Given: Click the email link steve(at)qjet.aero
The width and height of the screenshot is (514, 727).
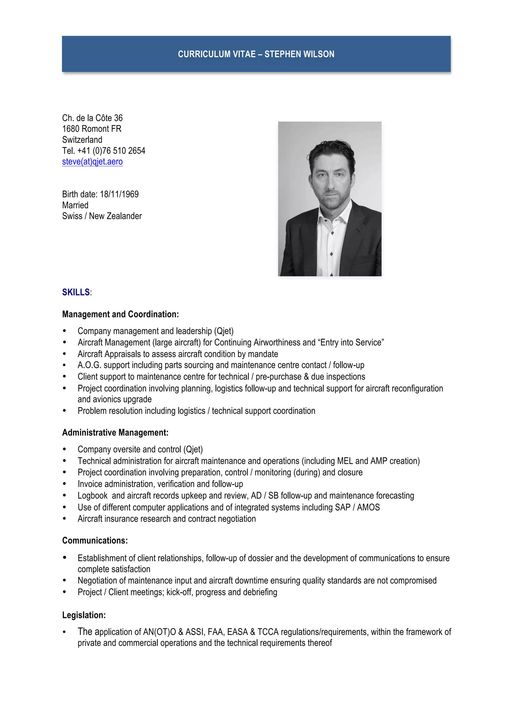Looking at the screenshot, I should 92,162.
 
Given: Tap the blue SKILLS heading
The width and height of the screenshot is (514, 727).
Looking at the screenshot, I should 76,292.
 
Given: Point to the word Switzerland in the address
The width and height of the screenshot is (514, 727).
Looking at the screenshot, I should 82,140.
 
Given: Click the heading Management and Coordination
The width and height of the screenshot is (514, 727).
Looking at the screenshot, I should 120,314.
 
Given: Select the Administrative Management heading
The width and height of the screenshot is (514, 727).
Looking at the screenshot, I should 115,432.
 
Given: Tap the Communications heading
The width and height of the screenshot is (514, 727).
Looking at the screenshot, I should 95,541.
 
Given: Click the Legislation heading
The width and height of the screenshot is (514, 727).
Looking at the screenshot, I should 84,615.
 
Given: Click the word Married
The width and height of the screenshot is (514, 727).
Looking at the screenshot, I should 75,205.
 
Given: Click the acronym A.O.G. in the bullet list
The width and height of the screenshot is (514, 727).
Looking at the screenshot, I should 89,365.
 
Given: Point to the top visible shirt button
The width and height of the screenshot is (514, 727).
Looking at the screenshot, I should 332,233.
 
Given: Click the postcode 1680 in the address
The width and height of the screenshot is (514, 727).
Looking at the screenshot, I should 71,129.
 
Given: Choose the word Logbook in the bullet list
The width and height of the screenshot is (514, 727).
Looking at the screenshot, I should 92,495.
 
